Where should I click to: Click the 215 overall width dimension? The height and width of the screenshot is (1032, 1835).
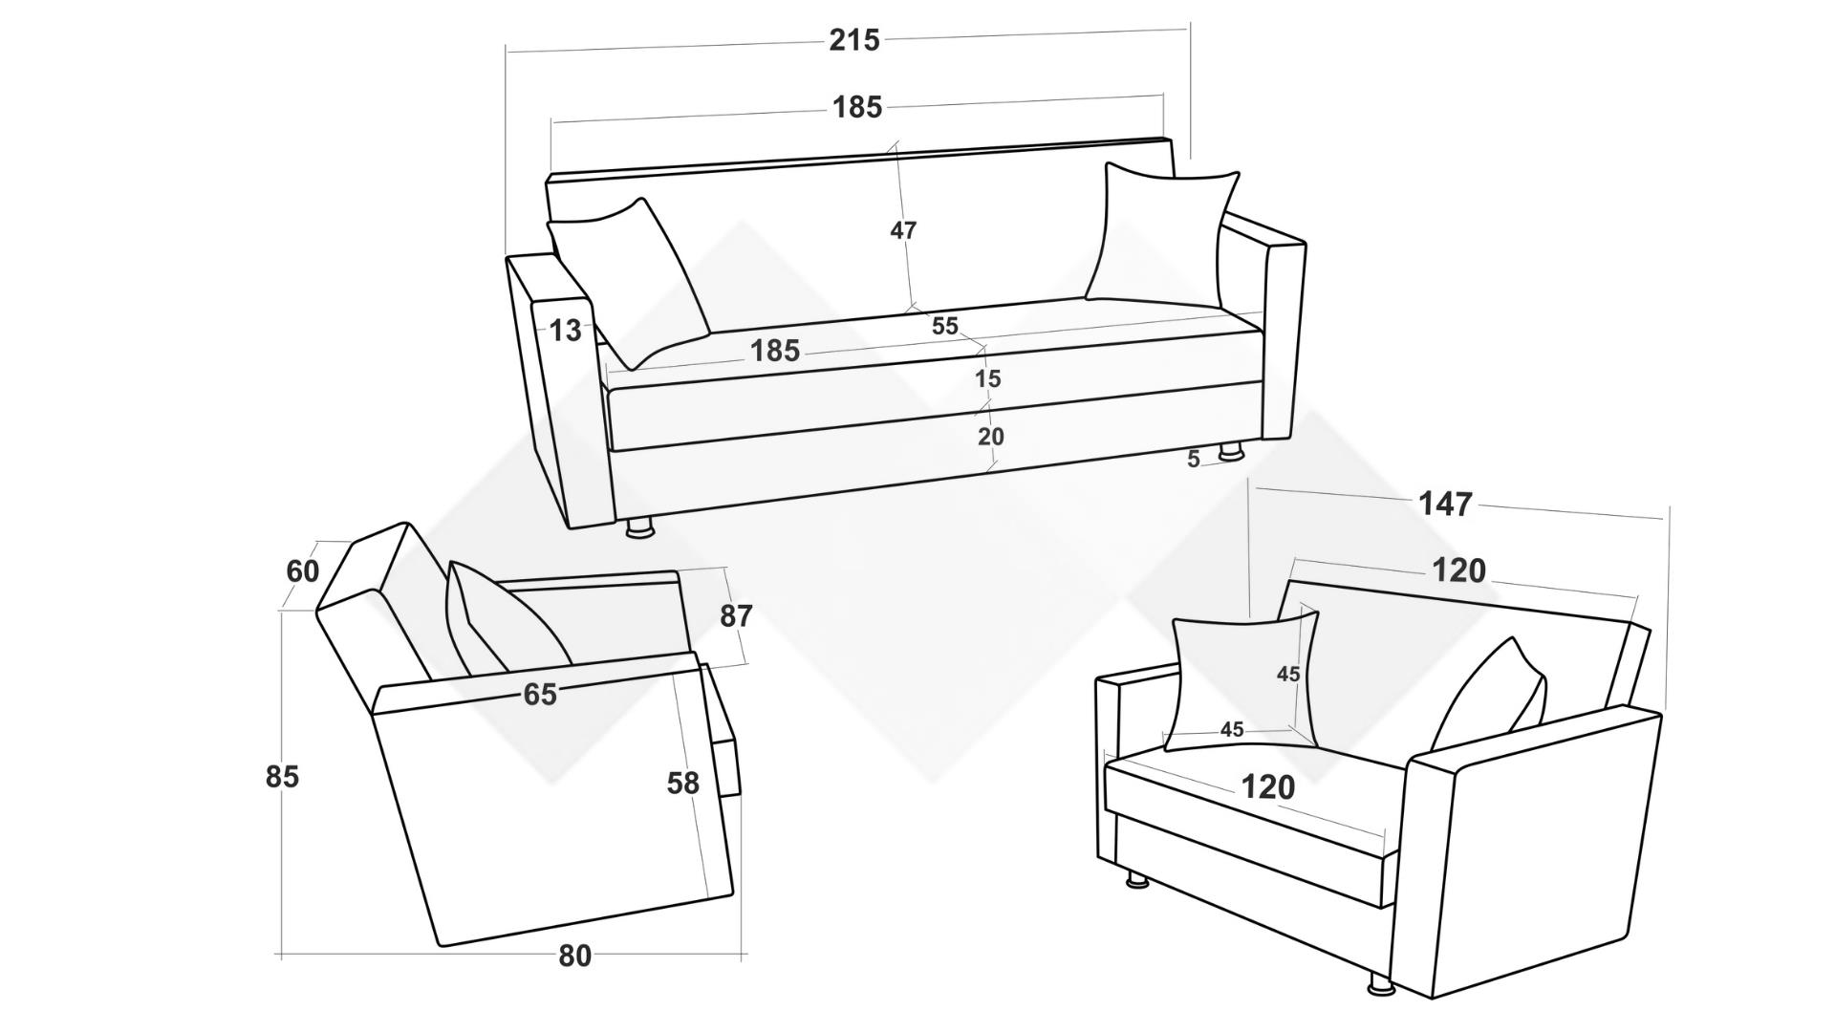click(854, 40)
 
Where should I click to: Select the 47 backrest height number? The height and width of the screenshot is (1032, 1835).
click(903, 230)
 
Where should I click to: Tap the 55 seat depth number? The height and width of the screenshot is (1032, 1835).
click(944, 326)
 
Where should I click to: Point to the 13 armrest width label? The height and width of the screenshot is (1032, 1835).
click(565, 331)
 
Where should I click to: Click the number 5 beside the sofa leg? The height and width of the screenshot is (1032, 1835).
click(1194, 460)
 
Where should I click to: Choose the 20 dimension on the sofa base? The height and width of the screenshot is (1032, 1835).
click(991, 437)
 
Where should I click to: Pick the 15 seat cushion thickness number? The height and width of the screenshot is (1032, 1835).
click(987, 379)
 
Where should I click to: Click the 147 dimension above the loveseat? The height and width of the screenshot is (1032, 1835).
click(1446, 504)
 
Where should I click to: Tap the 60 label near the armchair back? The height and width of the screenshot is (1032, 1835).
click(303, 571)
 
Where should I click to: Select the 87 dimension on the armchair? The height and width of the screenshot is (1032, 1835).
click(736, 616)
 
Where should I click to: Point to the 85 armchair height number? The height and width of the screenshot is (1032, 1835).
click(282, 777)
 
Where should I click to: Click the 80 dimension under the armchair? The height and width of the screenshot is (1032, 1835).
click(574, 956)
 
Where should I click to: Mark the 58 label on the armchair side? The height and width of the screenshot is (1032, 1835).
click(683, 784)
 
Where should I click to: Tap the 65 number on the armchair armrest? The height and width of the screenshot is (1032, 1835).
click(540, 695)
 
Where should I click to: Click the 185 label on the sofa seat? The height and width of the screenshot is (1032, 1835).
click(775, 352)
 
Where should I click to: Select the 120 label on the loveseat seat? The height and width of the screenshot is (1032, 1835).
click(1268, 787)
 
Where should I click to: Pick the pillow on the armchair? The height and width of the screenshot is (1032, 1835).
click(505, 619)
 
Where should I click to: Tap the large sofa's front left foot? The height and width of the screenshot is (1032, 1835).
click(639, 527)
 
